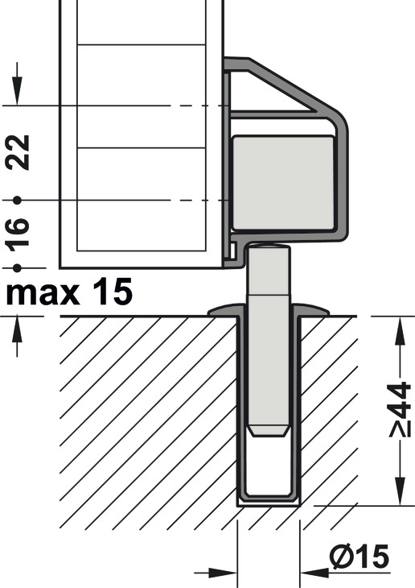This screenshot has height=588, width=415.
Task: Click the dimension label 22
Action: pyautogui.click(x=18, y=152)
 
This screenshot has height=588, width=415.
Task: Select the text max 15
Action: pyautogui.click(x=69, y=292)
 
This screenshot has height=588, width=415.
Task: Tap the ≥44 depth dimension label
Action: pyautogui.click(x=400, y=409)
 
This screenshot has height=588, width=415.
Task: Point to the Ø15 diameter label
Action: pyautogui.click(x=360, y=557)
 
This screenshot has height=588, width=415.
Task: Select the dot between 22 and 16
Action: pyautogui.click(x=17, y=201)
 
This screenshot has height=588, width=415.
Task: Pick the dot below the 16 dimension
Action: pyautogui.click(x=17, y=267)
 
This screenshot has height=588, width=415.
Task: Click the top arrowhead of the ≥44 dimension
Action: pyautogui.click(x=400, y=330)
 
